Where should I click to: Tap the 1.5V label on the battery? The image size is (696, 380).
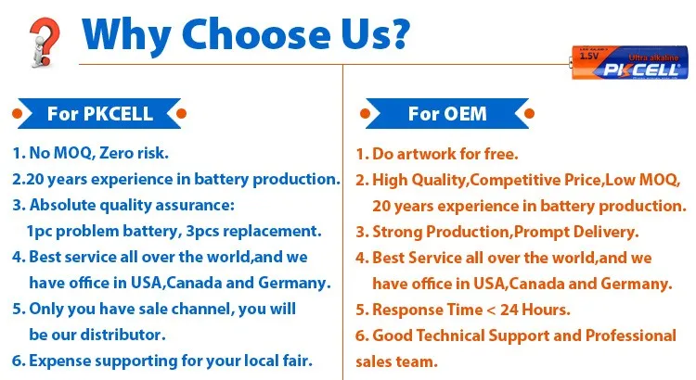click(588, 57)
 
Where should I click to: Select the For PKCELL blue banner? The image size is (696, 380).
click(99, 114)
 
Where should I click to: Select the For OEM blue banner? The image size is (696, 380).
click(447, 114)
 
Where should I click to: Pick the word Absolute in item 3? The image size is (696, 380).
click(64, 204)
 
